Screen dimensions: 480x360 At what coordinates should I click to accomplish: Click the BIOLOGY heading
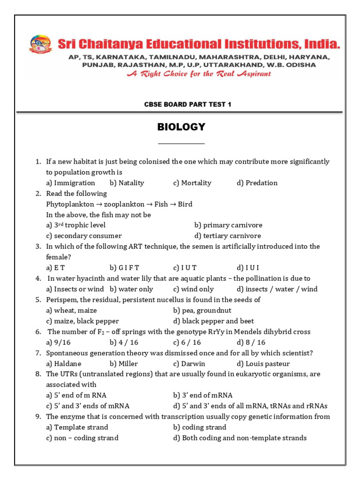181,127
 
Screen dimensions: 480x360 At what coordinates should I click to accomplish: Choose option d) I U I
247,268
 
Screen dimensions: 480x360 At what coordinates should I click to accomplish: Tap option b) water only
131,289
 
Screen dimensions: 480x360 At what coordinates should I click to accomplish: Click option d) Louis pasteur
263,364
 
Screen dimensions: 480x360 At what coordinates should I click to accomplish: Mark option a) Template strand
77,427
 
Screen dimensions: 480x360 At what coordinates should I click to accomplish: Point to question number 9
38,417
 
